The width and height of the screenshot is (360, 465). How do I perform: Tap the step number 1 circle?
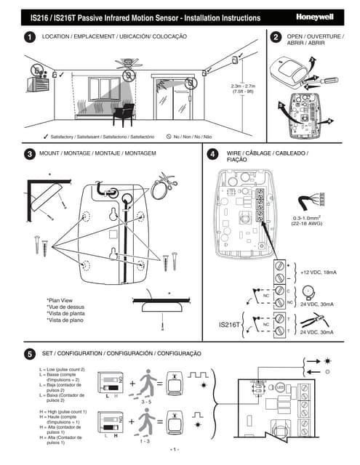click(29, 37)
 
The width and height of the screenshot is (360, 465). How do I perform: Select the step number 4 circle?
click(212, 155)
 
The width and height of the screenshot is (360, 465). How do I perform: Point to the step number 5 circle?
click(29, 354)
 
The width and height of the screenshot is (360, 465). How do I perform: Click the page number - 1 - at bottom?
click(175, 448)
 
